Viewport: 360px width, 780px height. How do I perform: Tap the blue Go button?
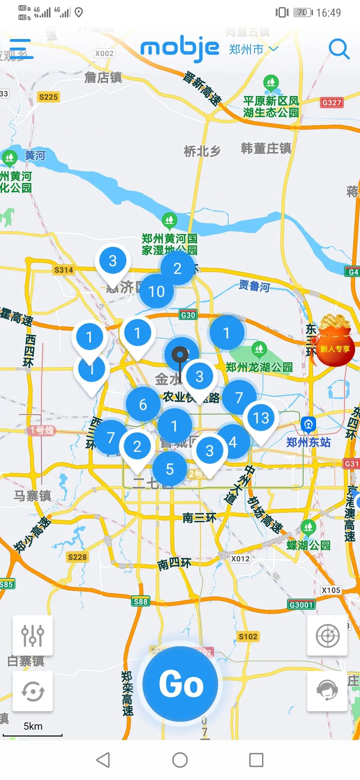180,684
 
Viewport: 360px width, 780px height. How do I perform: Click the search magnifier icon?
339,49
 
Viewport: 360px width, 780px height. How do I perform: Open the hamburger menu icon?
21,49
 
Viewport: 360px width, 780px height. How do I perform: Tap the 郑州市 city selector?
253,49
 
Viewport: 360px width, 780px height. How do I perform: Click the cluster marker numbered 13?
261,418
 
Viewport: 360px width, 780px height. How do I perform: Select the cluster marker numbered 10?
156,292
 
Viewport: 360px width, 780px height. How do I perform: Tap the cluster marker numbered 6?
143,405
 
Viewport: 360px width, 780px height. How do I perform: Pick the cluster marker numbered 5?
170,469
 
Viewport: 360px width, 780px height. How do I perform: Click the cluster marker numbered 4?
233,442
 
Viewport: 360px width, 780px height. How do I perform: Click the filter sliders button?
33,635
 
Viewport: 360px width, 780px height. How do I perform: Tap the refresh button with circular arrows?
33,691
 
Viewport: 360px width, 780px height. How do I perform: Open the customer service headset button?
327,691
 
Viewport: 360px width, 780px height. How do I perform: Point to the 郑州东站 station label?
308,442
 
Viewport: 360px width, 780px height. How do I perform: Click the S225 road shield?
48,97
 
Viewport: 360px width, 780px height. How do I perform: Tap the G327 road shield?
331,102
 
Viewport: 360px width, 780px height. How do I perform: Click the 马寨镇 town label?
32,496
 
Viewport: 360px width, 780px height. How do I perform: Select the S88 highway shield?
141,601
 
